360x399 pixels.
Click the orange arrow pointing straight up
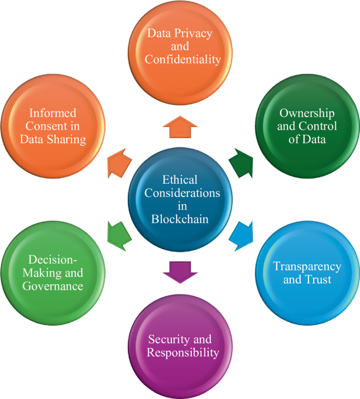point(180,127)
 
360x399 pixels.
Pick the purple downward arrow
point(180,269)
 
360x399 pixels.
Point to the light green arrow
point(118,232)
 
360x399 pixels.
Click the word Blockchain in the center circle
point(180,219)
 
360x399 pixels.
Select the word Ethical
point(180,180)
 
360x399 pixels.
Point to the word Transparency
point(307,266)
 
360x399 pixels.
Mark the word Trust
point(320,279)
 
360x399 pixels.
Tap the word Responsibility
point(182,352)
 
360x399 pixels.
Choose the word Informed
point(53,113)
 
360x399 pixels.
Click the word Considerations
point(182,193)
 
